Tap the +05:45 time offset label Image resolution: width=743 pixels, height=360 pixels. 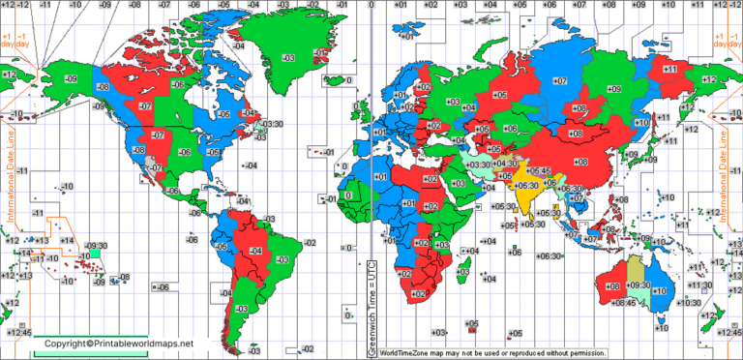click(x=539, y=170)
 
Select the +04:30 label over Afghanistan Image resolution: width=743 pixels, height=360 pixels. click(x=505, y=164)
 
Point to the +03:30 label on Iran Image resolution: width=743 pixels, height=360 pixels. click(x=479, y=165)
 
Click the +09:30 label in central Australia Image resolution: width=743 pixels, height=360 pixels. click(x=639, y=285)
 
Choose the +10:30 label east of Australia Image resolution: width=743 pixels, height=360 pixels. click(x=691, y=303)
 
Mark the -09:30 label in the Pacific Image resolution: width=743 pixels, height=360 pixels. click(x=97, y=245)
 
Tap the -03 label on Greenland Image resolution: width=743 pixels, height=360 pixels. click(x=287, y=58)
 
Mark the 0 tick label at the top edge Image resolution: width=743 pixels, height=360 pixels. click(x=372, y=6)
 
